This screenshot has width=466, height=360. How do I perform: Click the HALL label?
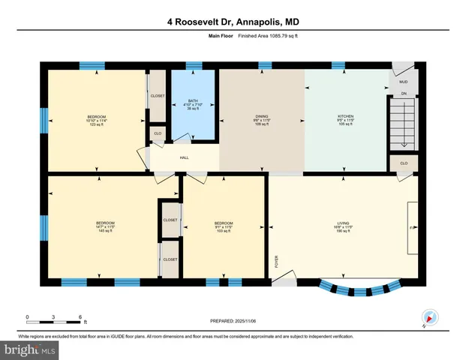click(184, 158)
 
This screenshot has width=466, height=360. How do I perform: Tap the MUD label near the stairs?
click(403, 81)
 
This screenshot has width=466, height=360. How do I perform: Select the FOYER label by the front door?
click(276, 262)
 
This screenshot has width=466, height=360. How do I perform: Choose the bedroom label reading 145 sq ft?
click(105, 226)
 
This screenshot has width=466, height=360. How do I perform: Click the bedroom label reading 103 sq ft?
click(224, 226)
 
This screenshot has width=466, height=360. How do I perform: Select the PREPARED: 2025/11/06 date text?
click(233, 321)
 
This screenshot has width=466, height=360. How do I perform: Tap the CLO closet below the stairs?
click(404, 163)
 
